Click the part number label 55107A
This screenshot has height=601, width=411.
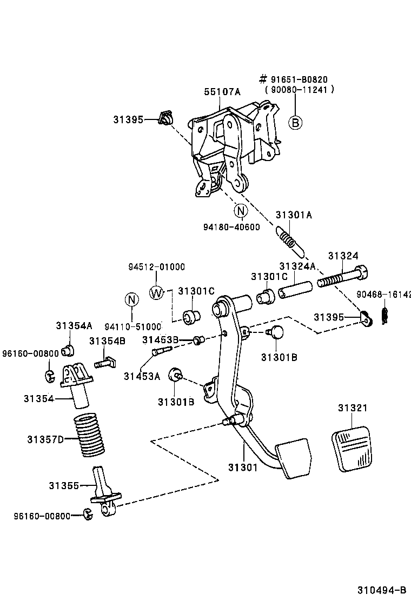(x=222, y=92)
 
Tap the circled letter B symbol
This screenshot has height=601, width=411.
(x=295, y=123)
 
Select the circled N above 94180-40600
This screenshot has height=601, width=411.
(x=240, y=211)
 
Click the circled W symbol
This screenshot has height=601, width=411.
(x=156, y=293)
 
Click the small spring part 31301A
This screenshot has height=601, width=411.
(x=290, y=241)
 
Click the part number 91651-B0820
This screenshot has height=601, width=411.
(x=299, y=80)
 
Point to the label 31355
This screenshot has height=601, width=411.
(x=63, y=485)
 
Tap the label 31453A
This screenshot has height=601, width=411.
(x=142, y=376)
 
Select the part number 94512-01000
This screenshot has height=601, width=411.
(x=156, y=266)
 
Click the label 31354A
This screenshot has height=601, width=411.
(x=74, y=325)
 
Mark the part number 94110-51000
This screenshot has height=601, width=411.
(x=133, y=326)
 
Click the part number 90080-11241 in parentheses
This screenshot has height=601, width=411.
(x=299, y=90)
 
